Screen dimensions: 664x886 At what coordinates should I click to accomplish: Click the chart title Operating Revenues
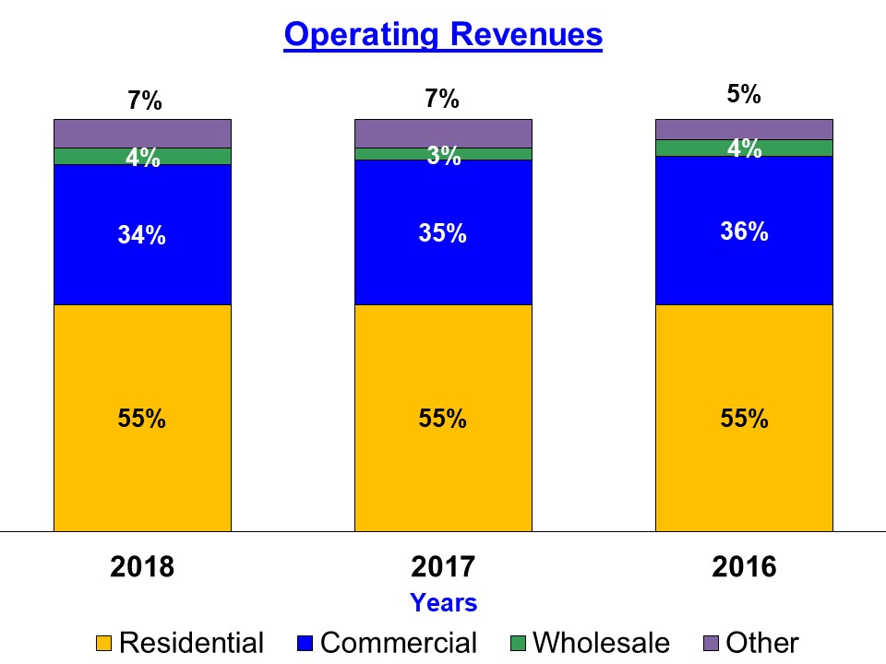point(443,34)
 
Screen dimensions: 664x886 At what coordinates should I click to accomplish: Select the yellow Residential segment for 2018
point(142,461)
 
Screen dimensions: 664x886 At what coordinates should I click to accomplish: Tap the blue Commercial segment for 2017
point(443,267)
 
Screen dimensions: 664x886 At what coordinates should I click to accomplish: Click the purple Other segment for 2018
point(142,133)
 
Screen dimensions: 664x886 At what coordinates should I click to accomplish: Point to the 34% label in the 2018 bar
point(142,236)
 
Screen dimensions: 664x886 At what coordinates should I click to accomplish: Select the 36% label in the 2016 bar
point(744,231)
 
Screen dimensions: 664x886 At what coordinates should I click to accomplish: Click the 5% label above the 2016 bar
point(744,94)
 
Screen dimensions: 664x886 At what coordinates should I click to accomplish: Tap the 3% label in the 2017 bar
point(443,157)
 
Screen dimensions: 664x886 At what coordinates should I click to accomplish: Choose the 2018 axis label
point(142,566)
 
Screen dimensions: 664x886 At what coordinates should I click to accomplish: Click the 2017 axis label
point(443,566)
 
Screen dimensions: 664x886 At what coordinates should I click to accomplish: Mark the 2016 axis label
point(744,566)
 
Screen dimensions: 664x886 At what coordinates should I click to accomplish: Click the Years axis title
point(443,603)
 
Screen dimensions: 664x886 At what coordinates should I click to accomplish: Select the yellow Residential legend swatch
point(105,643)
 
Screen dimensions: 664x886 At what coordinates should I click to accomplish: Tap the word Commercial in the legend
point(399,643)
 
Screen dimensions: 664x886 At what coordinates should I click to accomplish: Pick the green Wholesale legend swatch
point(519,643)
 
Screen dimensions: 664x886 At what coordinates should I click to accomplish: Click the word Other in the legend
point(761,643)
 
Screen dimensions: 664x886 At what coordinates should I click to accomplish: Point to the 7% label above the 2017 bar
point(443,99)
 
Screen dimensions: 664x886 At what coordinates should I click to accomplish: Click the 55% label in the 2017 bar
point(443,419)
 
